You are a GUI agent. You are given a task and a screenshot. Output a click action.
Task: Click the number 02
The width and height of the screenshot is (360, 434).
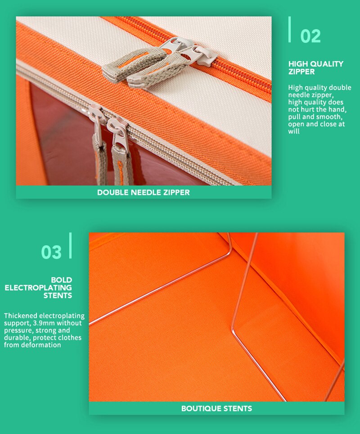point(310,36)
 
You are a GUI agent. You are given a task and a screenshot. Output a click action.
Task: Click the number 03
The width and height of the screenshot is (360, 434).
point(51,252)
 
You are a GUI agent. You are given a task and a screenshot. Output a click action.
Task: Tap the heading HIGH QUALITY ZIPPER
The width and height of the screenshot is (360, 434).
point(316,68)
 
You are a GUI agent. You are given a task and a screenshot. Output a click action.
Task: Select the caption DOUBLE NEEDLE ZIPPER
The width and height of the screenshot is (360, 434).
point(144,192)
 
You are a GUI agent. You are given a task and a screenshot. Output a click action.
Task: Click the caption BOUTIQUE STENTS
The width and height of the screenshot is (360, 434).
point(216,408)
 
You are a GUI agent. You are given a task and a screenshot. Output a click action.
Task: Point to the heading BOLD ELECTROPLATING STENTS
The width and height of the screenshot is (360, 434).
point(38,288)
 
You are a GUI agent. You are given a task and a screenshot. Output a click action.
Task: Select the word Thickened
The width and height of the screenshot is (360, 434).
point(21,316)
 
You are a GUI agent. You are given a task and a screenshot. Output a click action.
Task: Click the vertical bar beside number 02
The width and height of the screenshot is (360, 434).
point(289,29)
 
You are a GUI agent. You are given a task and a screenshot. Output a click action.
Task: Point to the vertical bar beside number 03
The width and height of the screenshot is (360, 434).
point(70,245)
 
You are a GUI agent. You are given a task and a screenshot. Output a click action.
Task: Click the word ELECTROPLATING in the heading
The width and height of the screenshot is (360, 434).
point(38,288)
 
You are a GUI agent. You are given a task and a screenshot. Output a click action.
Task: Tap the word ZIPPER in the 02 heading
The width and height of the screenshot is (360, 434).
point(301,72)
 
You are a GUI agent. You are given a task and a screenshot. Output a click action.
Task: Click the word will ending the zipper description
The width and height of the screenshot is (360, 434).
point(293,131)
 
